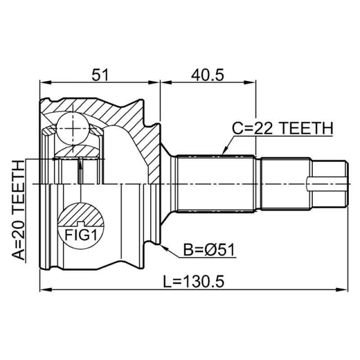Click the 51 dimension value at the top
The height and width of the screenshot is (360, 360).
tap(100, 75)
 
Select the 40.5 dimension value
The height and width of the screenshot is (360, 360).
tap(207, 75)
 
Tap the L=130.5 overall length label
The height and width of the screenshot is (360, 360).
tap(193, 282)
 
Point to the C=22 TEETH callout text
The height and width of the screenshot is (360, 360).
tap(283, 128)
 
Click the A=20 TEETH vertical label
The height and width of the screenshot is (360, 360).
tap(18, 210)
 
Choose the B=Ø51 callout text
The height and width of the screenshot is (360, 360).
tap(209, 250)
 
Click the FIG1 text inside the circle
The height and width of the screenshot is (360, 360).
tap(81, 235)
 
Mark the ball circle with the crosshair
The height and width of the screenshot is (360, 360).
tap(72, 129)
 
